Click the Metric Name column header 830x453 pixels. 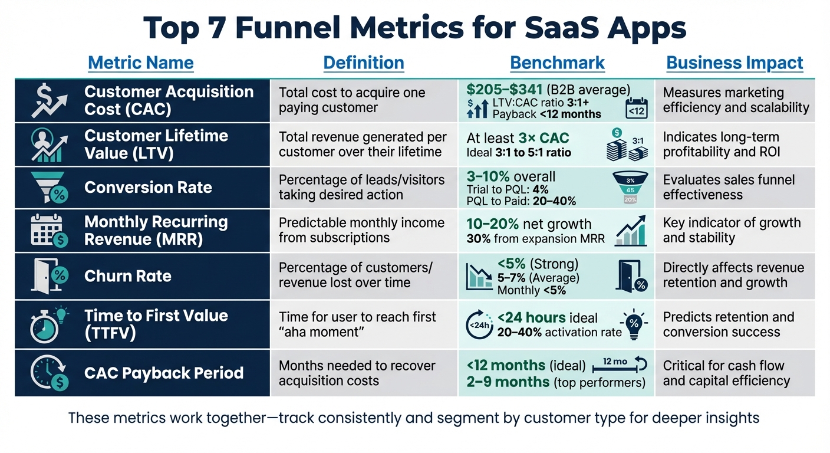click(140, 63)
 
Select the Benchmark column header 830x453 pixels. click(557, 63)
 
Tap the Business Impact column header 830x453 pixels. click(735, 63)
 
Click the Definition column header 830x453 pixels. click(364, 63)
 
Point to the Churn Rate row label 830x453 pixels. click(128, 276)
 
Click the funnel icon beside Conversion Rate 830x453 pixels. click(50, 188)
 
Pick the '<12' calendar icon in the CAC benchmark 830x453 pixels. click(635, 108)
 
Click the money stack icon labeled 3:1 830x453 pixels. click(624, 146)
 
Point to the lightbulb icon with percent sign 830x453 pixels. click(634, 324)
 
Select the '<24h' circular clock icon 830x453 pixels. click(479, 324)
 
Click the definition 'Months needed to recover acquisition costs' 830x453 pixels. click(357, 373)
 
